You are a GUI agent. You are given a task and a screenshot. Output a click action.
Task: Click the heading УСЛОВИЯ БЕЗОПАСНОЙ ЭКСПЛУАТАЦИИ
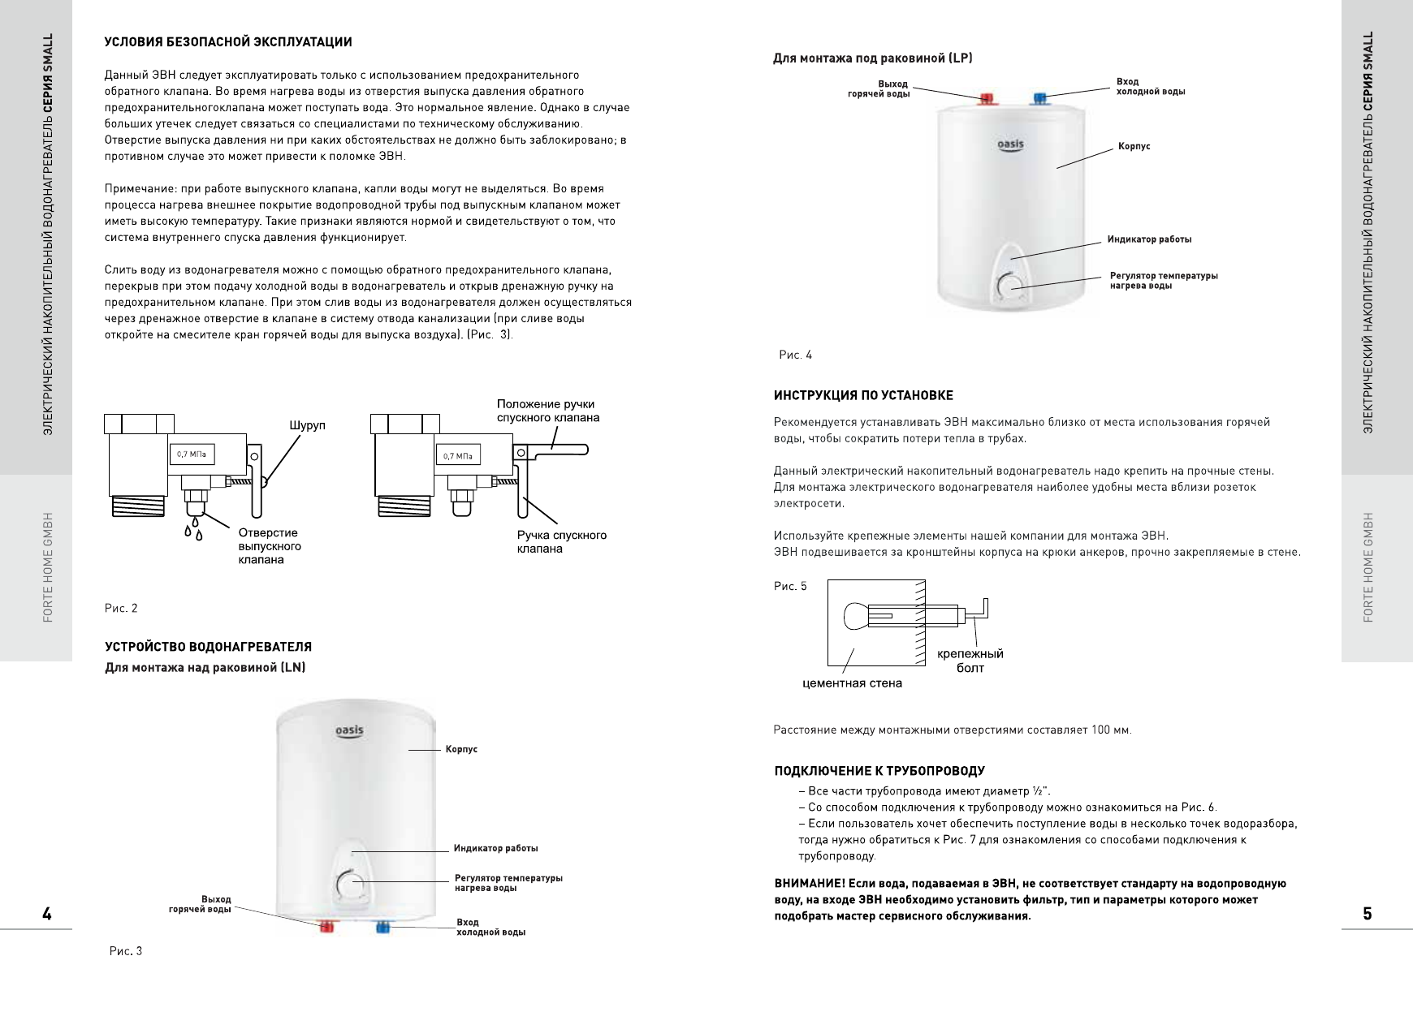tap(228, 42)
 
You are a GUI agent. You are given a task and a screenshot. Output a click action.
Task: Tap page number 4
tap(47, 914)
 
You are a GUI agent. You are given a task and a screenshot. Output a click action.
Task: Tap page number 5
tap(1368, 914)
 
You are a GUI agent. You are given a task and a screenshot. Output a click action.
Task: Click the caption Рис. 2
tap(121, 608)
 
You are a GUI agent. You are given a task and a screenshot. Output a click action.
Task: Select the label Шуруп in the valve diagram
tap(308, 425)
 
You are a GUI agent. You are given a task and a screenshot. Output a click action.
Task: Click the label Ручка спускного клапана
tap(562, 541)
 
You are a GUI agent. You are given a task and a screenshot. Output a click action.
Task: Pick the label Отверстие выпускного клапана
tap(269, 546)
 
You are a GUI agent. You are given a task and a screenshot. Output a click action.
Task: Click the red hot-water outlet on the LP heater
tap(987, 99)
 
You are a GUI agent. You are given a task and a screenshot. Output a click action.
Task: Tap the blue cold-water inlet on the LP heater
tap(1039, 99)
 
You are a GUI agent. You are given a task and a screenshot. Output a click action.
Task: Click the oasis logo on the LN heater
tap(350, 731)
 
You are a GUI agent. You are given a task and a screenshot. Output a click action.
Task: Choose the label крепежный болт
tap(970, 661)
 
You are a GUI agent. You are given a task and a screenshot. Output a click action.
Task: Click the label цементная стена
tap(852, 683)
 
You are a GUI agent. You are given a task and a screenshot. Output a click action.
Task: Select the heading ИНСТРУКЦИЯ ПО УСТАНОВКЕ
tap(863, 395)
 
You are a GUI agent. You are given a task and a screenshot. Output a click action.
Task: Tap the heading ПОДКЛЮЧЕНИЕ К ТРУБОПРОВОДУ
tap(879, 771)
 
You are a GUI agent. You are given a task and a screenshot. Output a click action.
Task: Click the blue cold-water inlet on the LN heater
tap(381, 927)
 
